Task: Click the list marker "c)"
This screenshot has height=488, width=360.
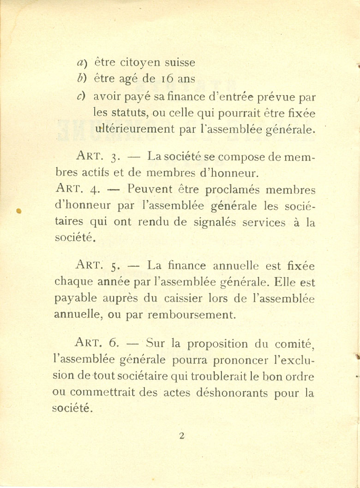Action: [81, 96]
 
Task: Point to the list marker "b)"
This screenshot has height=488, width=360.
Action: [81, 79]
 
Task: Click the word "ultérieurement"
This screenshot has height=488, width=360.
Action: [134, 129]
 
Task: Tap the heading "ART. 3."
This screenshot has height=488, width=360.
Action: [95, 157]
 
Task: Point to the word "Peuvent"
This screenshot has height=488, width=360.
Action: [150, 189]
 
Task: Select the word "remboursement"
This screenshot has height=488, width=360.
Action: [192, 315]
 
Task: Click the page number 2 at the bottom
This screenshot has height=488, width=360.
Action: [181, 436]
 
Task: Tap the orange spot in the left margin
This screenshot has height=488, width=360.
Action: [19, 211]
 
